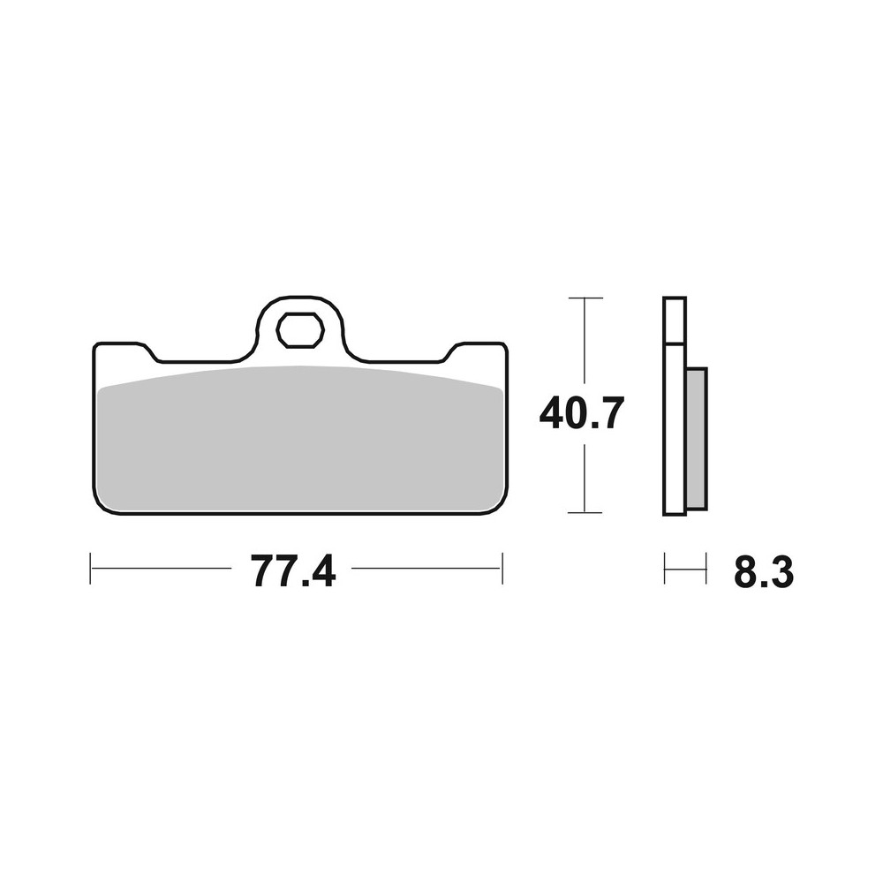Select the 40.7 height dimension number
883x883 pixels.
(x=582, y=412)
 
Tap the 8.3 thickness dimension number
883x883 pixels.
(x=763, y=573)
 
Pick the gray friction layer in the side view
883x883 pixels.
(x=696, y=438)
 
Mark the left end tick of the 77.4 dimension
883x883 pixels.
(x=91, y=569)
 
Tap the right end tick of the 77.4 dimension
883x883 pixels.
(x=502, y=569)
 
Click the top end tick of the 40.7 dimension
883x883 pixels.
(x=585, y=298)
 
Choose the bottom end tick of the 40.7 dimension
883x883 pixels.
(x=585, y=512)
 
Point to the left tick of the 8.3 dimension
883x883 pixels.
(x=665, y=569)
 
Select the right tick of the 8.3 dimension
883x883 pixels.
(x=706, y=569)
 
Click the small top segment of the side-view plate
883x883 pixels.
(x=674, y=321)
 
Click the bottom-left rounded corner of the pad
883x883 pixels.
(x=100, y=506)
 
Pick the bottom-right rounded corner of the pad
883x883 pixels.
(x=500, y=506)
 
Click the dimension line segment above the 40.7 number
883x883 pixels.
(x=585, y=344)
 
